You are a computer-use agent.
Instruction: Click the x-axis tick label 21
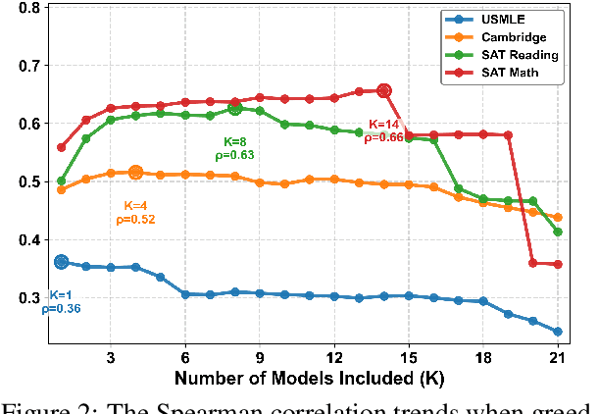(558, 357)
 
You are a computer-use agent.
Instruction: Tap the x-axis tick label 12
(334, 357)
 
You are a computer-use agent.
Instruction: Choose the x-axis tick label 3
(111, 357)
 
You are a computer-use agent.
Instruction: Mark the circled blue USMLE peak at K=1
(62, 262)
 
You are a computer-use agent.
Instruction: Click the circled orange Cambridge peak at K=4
(136, 173)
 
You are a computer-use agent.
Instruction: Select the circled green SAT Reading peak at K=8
(235, 109)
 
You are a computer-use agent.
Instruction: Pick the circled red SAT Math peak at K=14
(384, 91)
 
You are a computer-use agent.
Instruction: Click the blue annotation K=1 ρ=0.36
(61, 302)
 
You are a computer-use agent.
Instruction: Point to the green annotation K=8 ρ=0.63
(235, 148)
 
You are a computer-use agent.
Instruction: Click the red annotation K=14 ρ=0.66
(385, 131)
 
